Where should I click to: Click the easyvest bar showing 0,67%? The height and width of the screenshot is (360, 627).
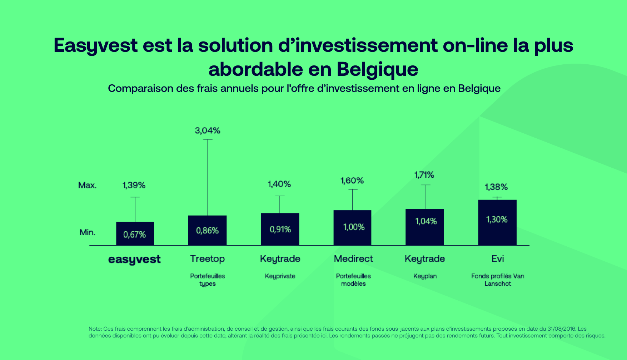[135, 234]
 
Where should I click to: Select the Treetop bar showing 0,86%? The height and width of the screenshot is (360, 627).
[207, 230]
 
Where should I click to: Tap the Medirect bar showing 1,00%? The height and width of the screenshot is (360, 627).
[353, 227]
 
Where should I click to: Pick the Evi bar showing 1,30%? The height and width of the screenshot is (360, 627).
[497, 222]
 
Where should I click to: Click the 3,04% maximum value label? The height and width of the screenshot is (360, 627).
[208, 131]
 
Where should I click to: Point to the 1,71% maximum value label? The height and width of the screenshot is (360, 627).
[424, 175]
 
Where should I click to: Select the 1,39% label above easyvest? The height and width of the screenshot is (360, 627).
[134, 185]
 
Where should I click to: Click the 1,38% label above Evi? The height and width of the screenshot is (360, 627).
[496, 187]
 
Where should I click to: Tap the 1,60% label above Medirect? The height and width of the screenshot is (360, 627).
[352, 181]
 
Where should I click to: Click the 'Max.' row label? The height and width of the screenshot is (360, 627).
[88, 185]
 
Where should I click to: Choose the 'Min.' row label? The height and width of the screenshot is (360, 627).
[88, 232]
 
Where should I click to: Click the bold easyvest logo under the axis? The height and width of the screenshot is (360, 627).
[134, 260]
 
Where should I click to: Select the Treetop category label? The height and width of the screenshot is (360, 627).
[207, 258]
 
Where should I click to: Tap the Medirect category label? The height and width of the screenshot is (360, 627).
[353, 258]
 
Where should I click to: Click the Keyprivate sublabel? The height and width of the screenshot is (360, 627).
[280, 276]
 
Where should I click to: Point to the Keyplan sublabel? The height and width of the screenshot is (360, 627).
[425, 276]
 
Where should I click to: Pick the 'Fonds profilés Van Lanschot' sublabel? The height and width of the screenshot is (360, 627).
[498, 280]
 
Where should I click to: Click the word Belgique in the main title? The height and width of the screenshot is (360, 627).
[377, 69]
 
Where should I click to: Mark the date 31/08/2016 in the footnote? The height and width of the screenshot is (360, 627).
[561, 329]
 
